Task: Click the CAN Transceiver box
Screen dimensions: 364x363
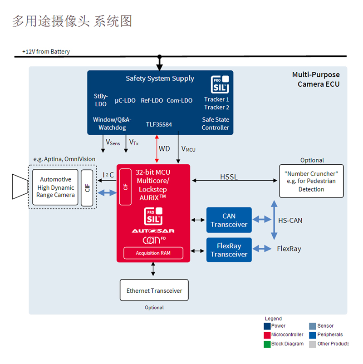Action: (229, 220)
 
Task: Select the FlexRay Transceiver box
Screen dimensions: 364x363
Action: (229, 250)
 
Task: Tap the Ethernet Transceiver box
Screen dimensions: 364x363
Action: (154, 290)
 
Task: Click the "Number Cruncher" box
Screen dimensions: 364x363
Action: (311, 181)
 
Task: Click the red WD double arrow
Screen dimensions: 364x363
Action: (157, 148)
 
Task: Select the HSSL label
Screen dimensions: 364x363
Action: (229, 177)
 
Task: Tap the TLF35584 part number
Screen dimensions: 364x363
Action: (159, 124)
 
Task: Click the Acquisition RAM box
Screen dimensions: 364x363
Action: (153, 253)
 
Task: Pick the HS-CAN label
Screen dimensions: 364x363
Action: (290, 221)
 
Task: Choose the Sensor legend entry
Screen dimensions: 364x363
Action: (325, 326)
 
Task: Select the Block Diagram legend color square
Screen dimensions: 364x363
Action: (267, 344)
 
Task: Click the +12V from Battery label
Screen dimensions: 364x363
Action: (46, 52)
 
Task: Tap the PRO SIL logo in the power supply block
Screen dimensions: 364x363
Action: (220, 84)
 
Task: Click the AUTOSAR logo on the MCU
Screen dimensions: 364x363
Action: (153, 231)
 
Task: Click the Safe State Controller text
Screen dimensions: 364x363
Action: (216, 123)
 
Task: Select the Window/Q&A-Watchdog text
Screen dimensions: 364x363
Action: (112, 123)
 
